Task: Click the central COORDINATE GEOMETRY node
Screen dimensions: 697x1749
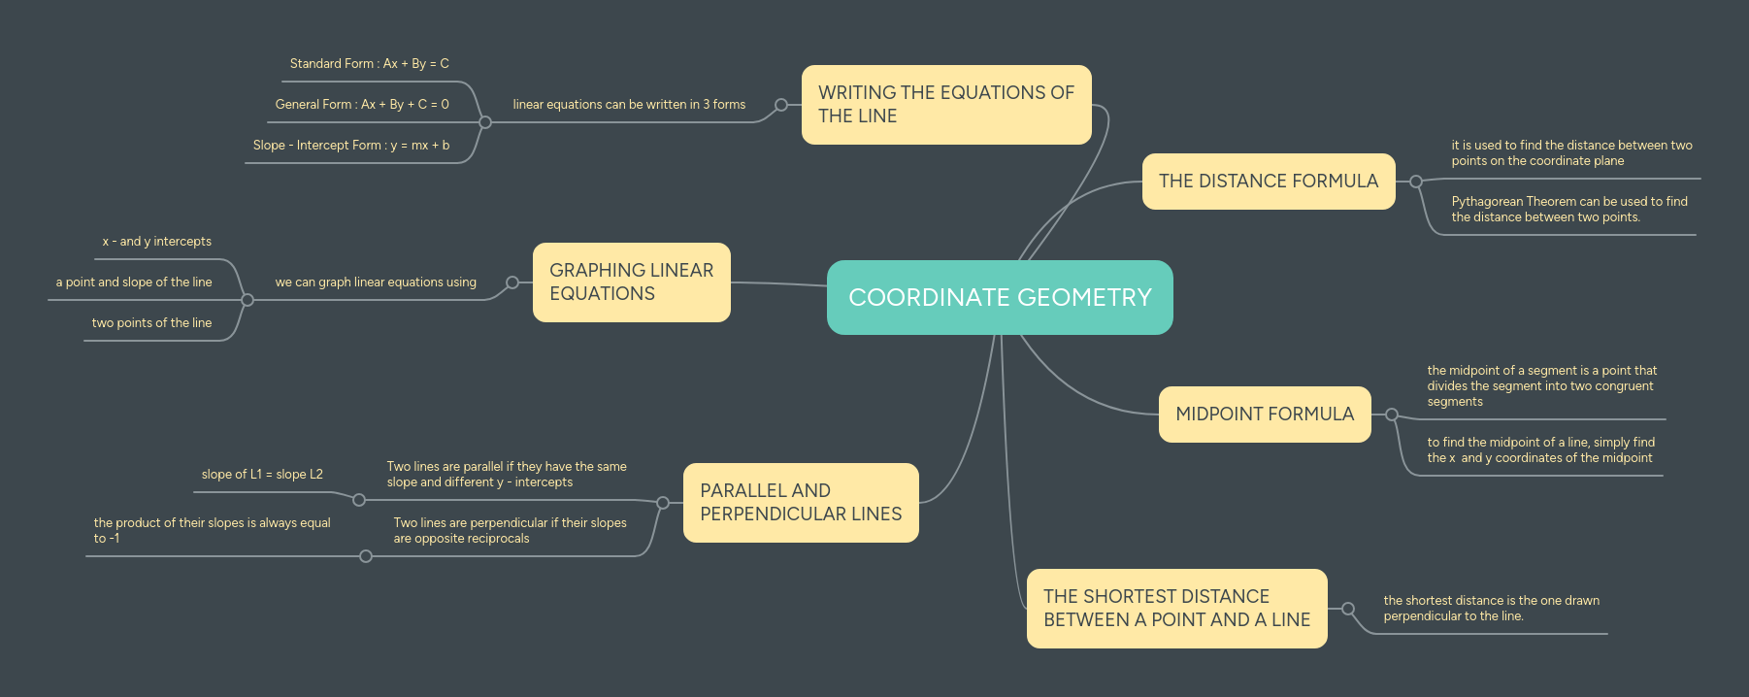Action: pyautogui.click(x=1000, y=297)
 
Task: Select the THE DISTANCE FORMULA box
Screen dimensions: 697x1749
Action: pyautogui.click(x=1268, y=182)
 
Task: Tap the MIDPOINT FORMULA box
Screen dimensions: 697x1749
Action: pyautogui.click(x=1264, y=415)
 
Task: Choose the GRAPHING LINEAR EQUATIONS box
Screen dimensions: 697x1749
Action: pyautogui.click(x=631, y=282)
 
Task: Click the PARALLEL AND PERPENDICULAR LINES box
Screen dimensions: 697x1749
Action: pyautogui.click(x=801, y=503)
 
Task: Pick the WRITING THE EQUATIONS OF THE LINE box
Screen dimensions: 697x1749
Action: pyautogui.click(x=946, y=105)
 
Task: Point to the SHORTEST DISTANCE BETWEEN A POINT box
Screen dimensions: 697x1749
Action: pyautogui.click(x=1176, y=609)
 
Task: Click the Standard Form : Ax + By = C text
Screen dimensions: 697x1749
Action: pyautogui.click(x=369, y=64)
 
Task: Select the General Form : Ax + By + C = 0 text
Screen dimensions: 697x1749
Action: pyautogui.click(x=362, y=105)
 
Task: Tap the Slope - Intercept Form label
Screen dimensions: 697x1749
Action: pyautogui.click(x=351, y=146)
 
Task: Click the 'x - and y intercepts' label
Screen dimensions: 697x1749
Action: pyautogui.click(x=157, y=242)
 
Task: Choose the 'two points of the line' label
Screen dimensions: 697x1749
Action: pyautogui.click(x=151, y=323)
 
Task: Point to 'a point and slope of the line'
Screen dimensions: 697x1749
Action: pyautogui.click(x=134, y=282)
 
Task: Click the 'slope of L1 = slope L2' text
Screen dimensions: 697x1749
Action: pyautogui.click(x=262, y=475)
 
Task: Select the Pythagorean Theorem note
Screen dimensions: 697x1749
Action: pyautogui.click(x=1569, y=210)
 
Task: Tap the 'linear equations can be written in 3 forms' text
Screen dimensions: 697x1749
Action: pyautogui.click(x=629, y=105)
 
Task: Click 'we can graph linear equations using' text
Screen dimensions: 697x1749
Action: pyautogui.click(x=376, y=282)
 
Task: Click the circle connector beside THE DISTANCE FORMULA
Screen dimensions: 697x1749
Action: pyautogui.click(x=1416, y=182)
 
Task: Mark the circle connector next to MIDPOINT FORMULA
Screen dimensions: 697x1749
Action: pyautogui.click(x=1392, y=415)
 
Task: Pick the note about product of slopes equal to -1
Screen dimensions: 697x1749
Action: pyautogui.click(x=212, y=531)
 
